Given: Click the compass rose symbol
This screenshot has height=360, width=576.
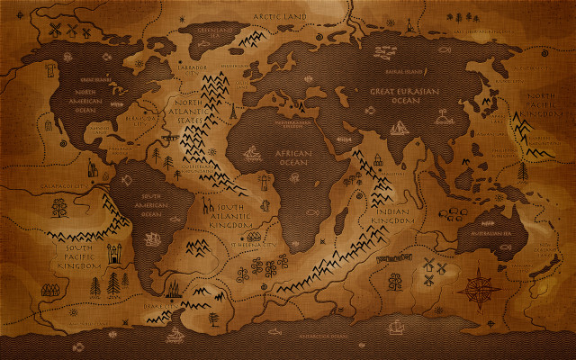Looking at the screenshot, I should pos(478,286).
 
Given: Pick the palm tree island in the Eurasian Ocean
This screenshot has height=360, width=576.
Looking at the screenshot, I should pos(445,116).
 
